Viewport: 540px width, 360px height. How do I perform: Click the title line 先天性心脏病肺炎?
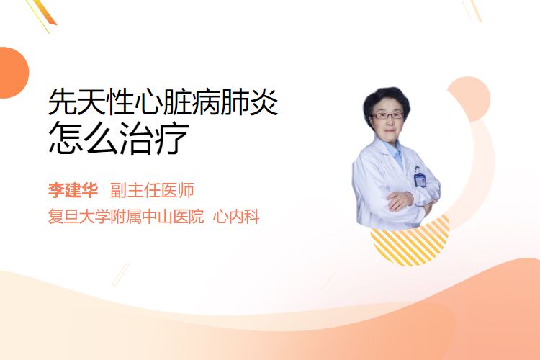tap(163, 102)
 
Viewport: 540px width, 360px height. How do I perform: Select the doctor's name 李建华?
tap(73, 190)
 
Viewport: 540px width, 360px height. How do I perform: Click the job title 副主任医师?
tap(152, 190)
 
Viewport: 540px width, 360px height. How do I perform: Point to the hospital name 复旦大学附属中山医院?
tap(126, 217)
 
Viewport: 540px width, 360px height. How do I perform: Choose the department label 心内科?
tap(236, 217)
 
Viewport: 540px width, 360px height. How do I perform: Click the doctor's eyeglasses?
tap(387, 115)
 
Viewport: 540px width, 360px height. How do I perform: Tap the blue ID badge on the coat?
tap(420, 180)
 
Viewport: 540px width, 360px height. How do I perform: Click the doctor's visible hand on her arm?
tap(400, 201)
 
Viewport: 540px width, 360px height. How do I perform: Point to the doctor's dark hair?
tap(386, 100)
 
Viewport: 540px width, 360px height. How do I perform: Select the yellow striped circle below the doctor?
tap(410, 245)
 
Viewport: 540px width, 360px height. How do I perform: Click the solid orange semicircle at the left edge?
tap(13, 73)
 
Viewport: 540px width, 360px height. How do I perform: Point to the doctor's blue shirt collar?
tap(396, 152)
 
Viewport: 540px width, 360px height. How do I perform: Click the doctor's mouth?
tap(390, 130)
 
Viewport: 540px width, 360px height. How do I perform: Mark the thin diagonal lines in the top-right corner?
tap(472, 10)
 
